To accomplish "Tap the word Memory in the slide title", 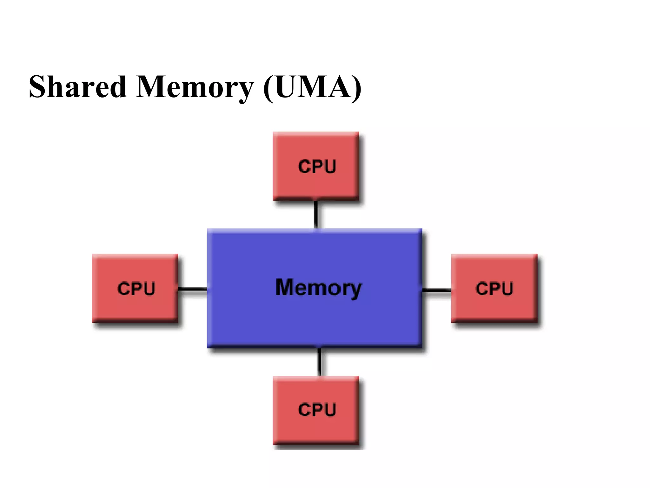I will click(195, 86).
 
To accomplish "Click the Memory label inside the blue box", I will click(318, 288).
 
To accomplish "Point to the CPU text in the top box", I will click(317, 166).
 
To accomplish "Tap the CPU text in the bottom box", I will click(317, 410).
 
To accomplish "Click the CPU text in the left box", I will click(136, 288).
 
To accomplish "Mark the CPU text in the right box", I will click(494, 288).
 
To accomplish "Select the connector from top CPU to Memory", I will click(316, 215).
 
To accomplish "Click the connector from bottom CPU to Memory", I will click(319, 362).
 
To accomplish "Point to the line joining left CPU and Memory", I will click(193, 289).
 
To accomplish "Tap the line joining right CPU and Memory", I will click(437, 290).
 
